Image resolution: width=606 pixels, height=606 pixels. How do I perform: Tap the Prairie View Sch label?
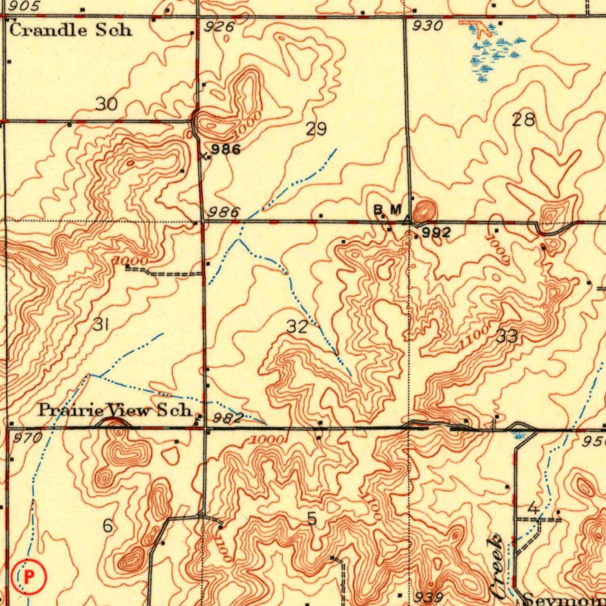coord(115,410)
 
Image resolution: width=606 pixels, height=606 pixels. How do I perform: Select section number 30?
coord(107,104)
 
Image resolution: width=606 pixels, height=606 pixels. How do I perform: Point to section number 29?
coord(316,128)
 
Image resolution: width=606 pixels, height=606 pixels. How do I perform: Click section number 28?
coord(523,120)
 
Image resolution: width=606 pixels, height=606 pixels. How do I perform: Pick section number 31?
coord(101,324)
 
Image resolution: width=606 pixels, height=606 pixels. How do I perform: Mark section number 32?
coord(297,327)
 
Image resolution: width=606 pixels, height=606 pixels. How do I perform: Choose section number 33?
coord(507,337)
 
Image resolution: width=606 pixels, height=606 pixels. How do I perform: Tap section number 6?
coord(107,525)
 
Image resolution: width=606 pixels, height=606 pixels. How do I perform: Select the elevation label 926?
coord(219,27)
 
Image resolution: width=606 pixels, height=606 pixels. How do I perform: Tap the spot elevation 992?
coord(436,233)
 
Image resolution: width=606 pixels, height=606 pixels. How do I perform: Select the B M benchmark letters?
coord(388,209)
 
